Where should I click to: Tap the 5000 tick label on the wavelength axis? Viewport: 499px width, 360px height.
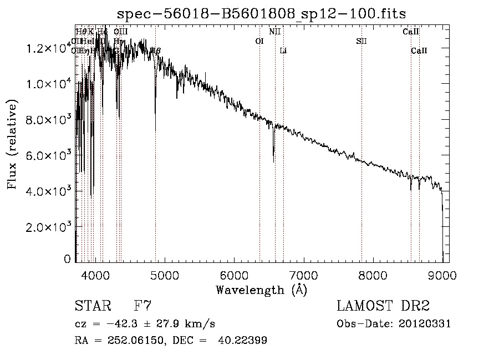(164, 274)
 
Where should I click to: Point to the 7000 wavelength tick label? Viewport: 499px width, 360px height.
(303, 274)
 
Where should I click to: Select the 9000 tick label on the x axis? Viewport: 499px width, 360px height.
(442, 274)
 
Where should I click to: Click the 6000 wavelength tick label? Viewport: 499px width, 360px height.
(233, 274)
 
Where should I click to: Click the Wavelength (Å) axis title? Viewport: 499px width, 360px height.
(261, 290)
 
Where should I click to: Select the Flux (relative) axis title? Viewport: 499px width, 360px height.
(12, 144)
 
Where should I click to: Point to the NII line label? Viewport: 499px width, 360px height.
(274, 32)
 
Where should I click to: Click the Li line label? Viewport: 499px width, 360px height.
(283, 51)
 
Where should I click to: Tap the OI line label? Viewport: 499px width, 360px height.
(259, 42)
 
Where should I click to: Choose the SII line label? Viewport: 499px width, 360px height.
(361, 42)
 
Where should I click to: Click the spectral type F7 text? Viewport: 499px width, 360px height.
(143, 306)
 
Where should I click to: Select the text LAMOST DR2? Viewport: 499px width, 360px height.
(383, 306)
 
